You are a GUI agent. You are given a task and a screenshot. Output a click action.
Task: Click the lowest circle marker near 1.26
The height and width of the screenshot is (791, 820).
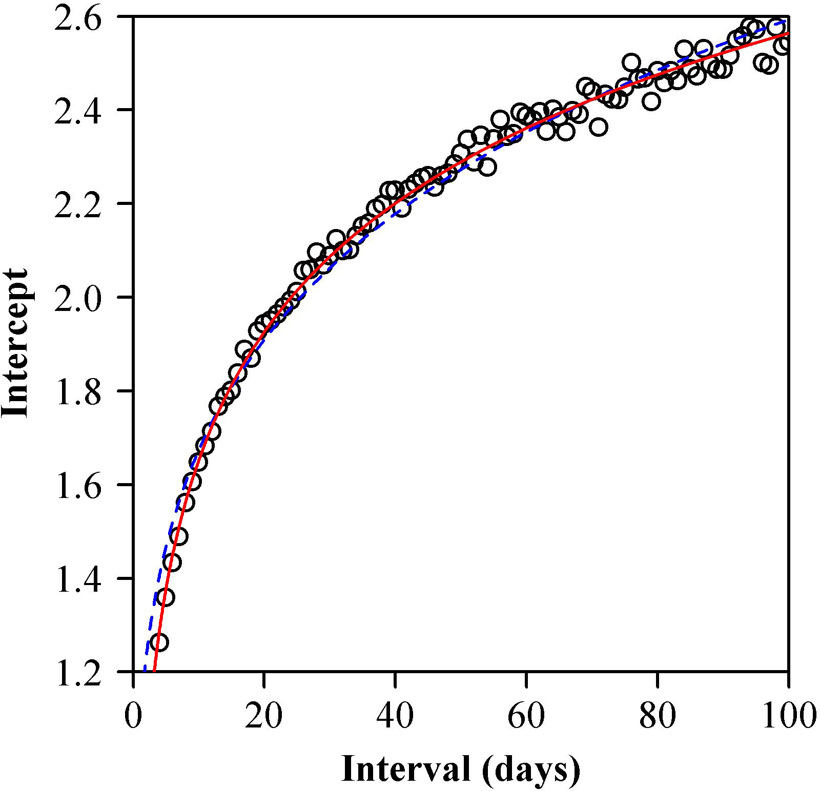pyautogui.click(x=159, y=642)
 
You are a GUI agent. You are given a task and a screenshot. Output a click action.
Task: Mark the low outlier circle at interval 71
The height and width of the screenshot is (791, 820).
pyautogui.click(x=598, y=127)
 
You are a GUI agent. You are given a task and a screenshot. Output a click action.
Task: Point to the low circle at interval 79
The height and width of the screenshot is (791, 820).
pyautogui.click(x=651, y=101)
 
